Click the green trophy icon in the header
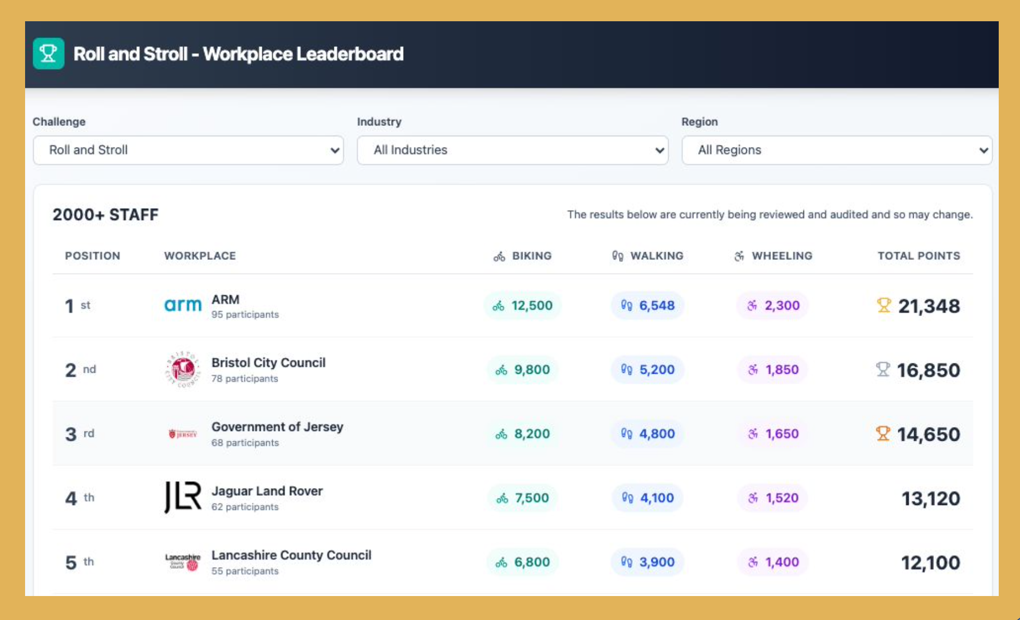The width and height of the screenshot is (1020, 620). click(x=49, y=53)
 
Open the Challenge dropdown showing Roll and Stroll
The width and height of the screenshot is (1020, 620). click(x=188, y=150)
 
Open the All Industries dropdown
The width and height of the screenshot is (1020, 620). click(x=512, y=150)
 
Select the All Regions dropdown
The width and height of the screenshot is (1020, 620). click(x=836, y=150)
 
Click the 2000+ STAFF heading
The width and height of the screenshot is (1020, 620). click(x=105, y=215)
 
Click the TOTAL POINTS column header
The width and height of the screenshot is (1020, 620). click(x=919, y=256)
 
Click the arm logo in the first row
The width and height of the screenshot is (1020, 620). click(x=183, y=305)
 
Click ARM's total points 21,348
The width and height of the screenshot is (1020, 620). click(x=928, y=306)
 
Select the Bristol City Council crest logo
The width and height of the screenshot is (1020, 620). click(x=183, y=369)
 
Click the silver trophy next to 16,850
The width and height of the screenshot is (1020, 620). click(x=883, y=369)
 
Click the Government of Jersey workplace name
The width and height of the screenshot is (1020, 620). click(x=277, y=427)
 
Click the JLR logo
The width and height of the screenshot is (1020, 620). click(x=183, y=497)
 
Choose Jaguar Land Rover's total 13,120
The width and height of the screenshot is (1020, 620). click(x=930, y=499)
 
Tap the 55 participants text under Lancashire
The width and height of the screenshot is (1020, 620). click(x=245, y=571)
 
